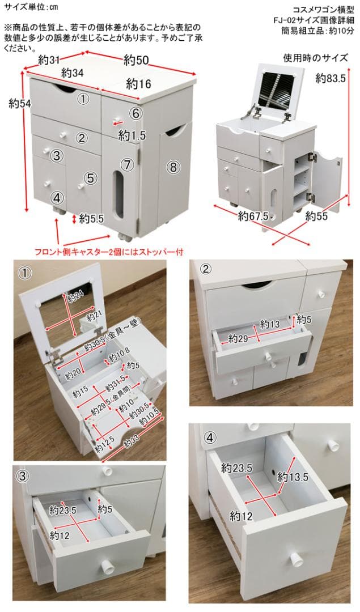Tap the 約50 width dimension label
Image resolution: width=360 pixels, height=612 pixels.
point(138,59)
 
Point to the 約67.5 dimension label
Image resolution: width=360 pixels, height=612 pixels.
point(253,216)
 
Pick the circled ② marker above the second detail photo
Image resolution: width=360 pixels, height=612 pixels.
point(206,268)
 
